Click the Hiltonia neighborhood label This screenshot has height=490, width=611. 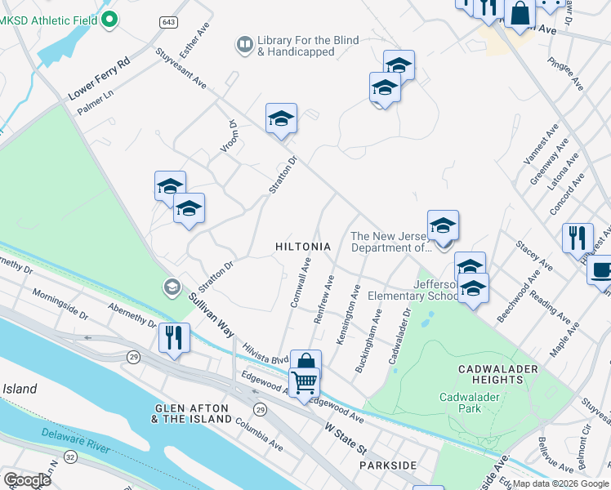[x=303, y=247]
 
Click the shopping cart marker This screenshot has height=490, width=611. [x=304, y=381]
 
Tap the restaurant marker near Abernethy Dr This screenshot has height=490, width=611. [x=174, y=337]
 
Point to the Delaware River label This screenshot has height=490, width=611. [x=76, y=448]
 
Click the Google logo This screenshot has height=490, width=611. [x=27, y=479]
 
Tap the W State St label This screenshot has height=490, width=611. [x=347, y=439]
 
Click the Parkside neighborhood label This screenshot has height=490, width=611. [x=388, y=465]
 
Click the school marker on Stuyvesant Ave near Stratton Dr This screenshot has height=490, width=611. [x=280, y=119]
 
